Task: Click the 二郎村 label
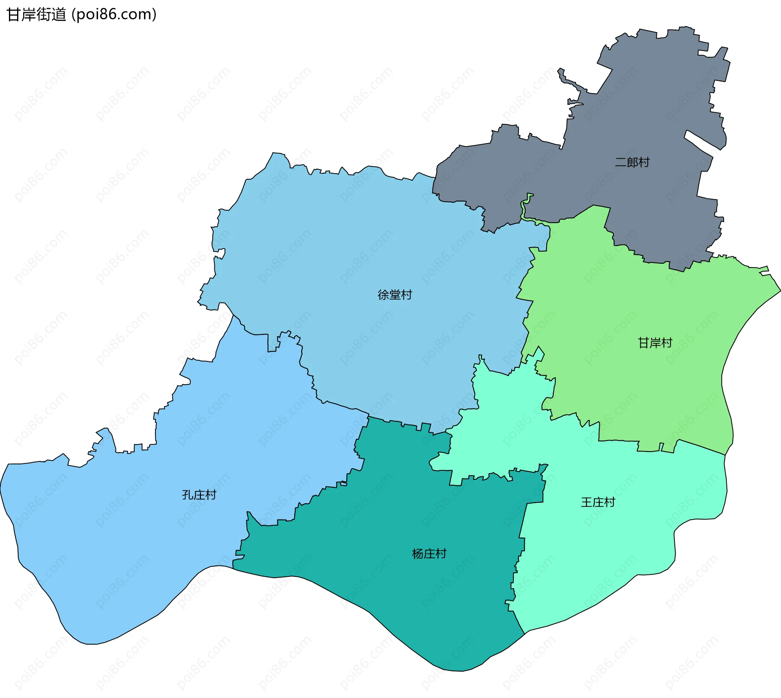tap(632, 163)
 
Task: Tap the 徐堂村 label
tap(395, 295)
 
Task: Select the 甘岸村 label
tap(655, 343)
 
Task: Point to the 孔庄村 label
tap(199, 495)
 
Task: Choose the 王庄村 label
tap(598, 502)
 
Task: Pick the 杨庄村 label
tap(429, 554)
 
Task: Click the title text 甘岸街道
tap(37, 15)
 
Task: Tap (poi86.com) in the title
tap(114, 15)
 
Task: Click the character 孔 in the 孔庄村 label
tap(188, 495)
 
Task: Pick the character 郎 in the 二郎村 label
tap(632, 163)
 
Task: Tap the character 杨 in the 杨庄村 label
tap(418, 554)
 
